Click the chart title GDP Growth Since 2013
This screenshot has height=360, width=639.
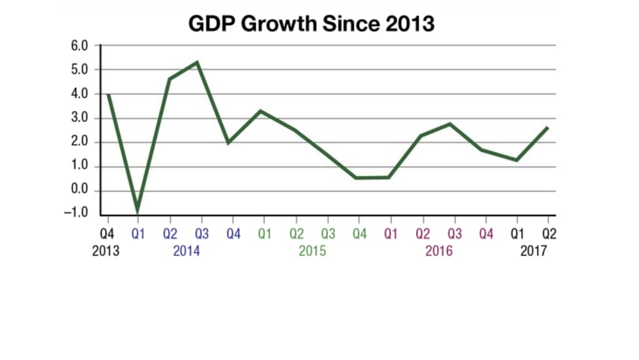pyautogui.click(x=311, y=23)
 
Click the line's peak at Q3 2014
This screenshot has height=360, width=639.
pyautogui.click(x=198, y=63)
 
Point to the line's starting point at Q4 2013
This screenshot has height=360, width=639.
pyautogui.click(x=107, y=95)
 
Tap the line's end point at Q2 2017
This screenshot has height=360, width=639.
pyautogui.click(x=547, y=128)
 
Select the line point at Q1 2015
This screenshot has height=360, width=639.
pyautogui.click(x=261, y=111)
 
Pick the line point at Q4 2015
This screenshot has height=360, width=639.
pyautogui.click(x=356, y=177)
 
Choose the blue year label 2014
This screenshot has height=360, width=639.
pyautogui.click(x=186, y=251)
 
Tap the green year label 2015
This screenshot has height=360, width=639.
pyautogui.click(x=312, y=251)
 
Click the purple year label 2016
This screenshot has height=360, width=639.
pyautogui.click(x=438, y=251)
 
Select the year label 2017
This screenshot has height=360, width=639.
pyautogui.click(x=533, y=251)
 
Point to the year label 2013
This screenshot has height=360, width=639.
pyautogui.click(x=106, y=251)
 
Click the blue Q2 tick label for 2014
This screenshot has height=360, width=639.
pyautogui.click(x=170, y=233)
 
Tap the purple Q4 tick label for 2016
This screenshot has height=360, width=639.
pyautogui.click(x=486, y=233)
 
